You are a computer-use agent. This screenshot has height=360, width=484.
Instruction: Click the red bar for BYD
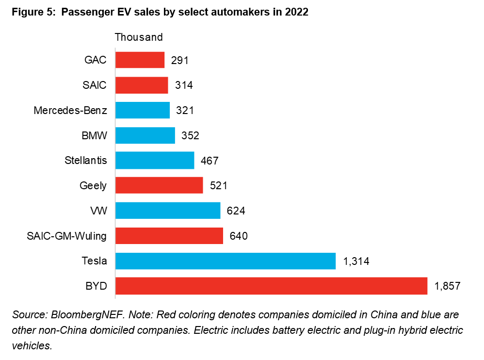click(271, 286)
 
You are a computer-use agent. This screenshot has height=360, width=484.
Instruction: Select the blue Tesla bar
click(225, 261)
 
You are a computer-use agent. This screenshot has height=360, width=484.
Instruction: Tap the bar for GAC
click(140, 60)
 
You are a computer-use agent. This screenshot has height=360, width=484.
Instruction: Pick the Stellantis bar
click(154, 160)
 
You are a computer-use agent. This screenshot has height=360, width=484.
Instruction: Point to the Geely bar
click(159, 185)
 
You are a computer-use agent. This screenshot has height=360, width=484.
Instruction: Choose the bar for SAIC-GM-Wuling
click(169, 236)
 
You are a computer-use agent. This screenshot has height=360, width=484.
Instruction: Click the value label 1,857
click(447, 286)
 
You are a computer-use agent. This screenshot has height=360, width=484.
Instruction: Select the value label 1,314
click(356, 261)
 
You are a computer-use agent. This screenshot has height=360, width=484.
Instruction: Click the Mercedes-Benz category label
click(70, 110)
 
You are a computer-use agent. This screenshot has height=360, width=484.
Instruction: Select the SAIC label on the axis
click(95, 85)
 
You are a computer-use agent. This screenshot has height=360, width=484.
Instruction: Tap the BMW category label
click(94, 135)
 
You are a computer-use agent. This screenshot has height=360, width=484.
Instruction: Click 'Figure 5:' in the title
click(32, 13)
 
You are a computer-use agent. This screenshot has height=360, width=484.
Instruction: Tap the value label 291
click(179, 60)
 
